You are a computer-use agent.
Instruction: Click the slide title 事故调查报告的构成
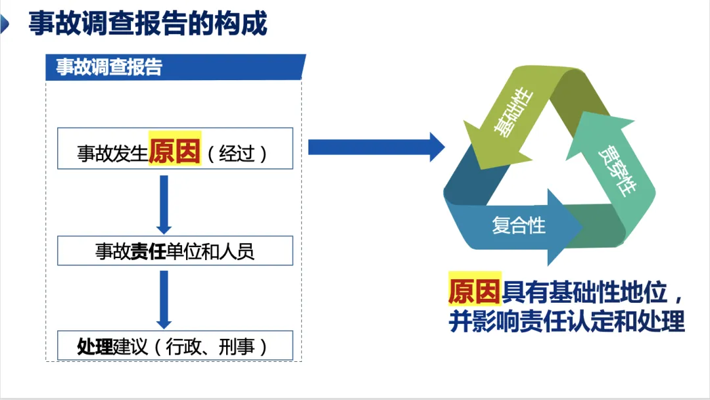point(148,24)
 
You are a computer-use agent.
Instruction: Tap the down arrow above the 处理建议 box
point(164,299)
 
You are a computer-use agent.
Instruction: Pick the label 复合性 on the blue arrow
point(519,225)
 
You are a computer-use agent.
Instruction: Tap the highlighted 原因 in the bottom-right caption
point(475,289)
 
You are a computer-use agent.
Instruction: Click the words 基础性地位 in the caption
point(585,290)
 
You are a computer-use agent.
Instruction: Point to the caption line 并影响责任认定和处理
point(567,321)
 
